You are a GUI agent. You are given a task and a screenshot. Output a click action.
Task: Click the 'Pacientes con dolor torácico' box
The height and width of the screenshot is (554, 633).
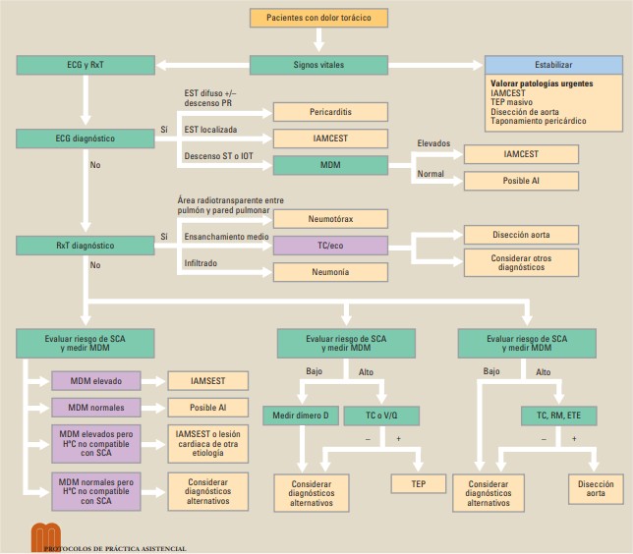pos(319,18)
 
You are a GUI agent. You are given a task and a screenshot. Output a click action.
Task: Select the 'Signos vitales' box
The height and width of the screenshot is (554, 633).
pos(319,65)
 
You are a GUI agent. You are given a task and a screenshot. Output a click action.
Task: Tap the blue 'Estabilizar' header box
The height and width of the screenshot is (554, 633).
pos(553,65)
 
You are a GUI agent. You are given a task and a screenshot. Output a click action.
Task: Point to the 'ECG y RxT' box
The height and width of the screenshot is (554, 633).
pos(86,65)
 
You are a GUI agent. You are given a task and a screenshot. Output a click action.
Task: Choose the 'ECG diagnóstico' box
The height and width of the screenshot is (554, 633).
pos(86,138)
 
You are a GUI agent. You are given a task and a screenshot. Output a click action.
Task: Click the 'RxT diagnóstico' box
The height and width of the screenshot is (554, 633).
pos(86,245)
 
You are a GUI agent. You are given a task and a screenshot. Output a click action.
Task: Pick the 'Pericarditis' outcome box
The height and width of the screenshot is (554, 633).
pos(331,112)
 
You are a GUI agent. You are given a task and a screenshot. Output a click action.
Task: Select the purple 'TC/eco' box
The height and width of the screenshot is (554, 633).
pos(331,245)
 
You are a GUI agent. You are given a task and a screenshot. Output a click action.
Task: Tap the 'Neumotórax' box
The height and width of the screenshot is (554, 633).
pos(331,218)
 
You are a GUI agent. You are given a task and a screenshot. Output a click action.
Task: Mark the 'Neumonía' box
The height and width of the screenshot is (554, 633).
pos(331,271)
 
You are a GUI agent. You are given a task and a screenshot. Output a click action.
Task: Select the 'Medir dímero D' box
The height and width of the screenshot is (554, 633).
pos(300,416)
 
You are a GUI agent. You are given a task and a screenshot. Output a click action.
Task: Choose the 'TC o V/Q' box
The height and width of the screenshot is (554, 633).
pos(385,416)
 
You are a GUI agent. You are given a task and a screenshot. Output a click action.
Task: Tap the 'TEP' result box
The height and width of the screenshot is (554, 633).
pos(419,483)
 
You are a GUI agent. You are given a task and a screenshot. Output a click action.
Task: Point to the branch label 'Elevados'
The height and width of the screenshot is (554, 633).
pos(433,143)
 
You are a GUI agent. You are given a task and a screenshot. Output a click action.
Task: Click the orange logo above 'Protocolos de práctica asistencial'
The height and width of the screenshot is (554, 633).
pos(45,535)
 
